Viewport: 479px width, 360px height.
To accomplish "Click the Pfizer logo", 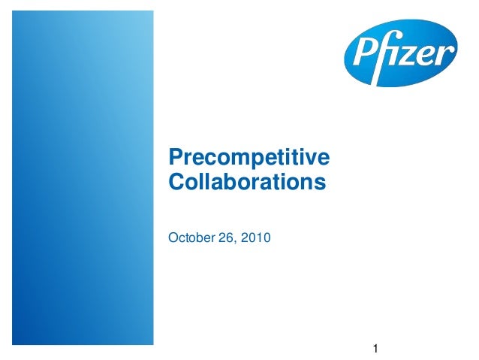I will click(400, 53).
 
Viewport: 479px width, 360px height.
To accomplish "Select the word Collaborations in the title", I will click(248, 182).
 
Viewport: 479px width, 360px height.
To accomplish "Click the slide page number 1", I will click(376, 348).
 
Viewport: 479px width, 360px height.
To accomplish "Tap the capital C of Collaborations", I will click(176, 182).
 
